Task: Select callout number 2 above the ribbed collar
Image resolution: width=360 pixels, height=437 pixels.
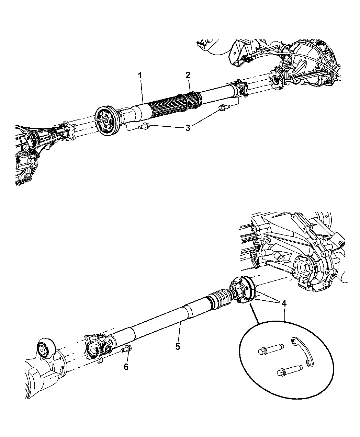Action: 188,75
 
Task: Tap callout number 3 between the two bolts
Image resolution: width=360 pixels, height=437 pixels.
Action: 188,128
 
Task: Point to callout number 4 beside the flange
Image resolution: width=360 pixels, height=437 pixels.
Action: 283,304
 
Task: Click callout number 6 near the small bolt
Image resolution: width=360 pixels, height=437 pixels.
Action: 126,367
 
